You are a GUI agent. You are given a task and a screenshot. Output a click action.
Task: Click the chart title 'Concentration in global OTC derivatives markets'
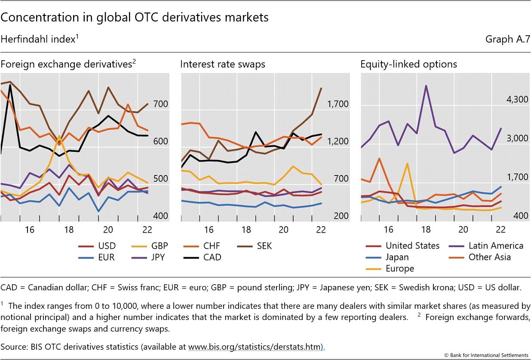click(x=135, y=18)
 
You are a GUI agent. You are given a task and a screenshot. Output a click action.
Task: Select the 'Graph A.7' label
click(x=507, y=40)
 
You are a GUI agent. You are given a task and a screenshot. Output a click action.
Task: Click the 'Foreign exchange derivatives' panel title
click(x=68, y=65)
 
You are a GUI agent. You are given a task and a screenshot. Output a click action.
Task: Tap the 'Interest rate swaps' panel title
click(x=223, y=65)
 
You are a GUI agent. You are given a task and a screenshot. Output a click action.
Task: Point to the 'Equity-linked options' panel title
click(x=408, y=65)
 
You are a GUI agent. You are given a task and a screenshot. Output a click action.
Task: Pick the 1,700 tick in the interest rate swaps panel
click(x=338, y=105)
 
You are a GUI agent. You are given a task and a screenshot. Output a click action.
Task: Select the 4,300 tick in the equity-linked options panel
click(x=517, y=100)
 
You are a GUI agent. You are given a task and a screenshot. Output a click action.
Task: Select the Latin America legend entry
click(x=496, y=246)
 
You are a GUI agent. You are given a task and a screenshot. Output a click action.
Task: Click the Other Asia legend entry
click(x=490, y=257)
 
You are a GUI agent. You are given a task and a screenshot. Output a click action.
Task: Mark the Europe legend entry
click(x=400, y=269)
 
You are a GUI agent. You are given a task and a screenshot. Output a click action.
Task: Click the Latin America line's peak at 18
click(x=426, y=86)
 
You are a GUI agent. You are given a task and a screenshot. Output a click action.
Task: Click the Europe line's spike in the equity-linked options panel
click(x=407, y=163)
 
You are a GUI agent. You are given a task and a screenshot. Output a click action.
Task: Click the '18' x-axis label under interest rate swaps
click(x=246, y=230)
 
